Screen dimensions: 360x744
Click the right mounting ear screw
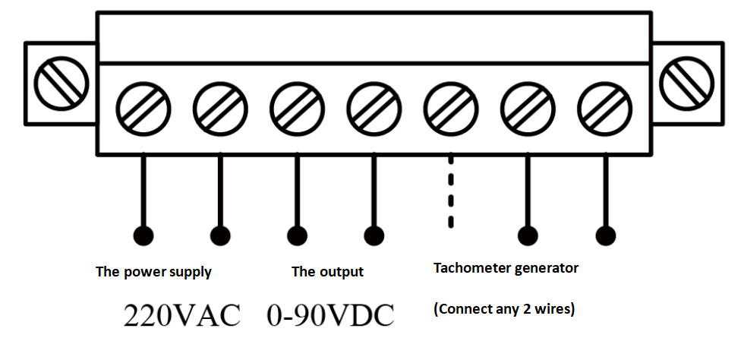point(688,81)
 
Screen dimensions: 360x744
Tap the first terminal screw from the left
point(143,107)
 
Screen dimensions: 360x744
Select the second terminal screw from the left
point(220,107)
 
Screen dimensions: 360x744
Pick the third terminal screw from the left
point(297,107)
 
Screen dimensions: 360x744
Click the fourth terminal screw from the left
point(374,107)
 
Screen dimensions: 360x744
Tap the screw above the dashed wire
point(451,107)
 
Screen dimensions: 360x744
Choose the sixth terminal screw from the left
point(528,107)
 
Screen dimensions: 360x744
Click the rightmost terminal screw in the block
point(604,107)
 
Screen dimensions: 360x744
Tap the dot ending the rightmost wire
point(605,235)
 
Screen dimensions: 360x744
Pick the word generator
point(546,269)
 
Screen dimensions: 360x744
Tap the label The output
point(327,272)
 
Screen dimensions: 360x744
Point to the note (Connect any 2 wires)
point(504,310)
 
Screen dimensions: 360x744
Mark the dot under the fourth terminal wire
point(374,235)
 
